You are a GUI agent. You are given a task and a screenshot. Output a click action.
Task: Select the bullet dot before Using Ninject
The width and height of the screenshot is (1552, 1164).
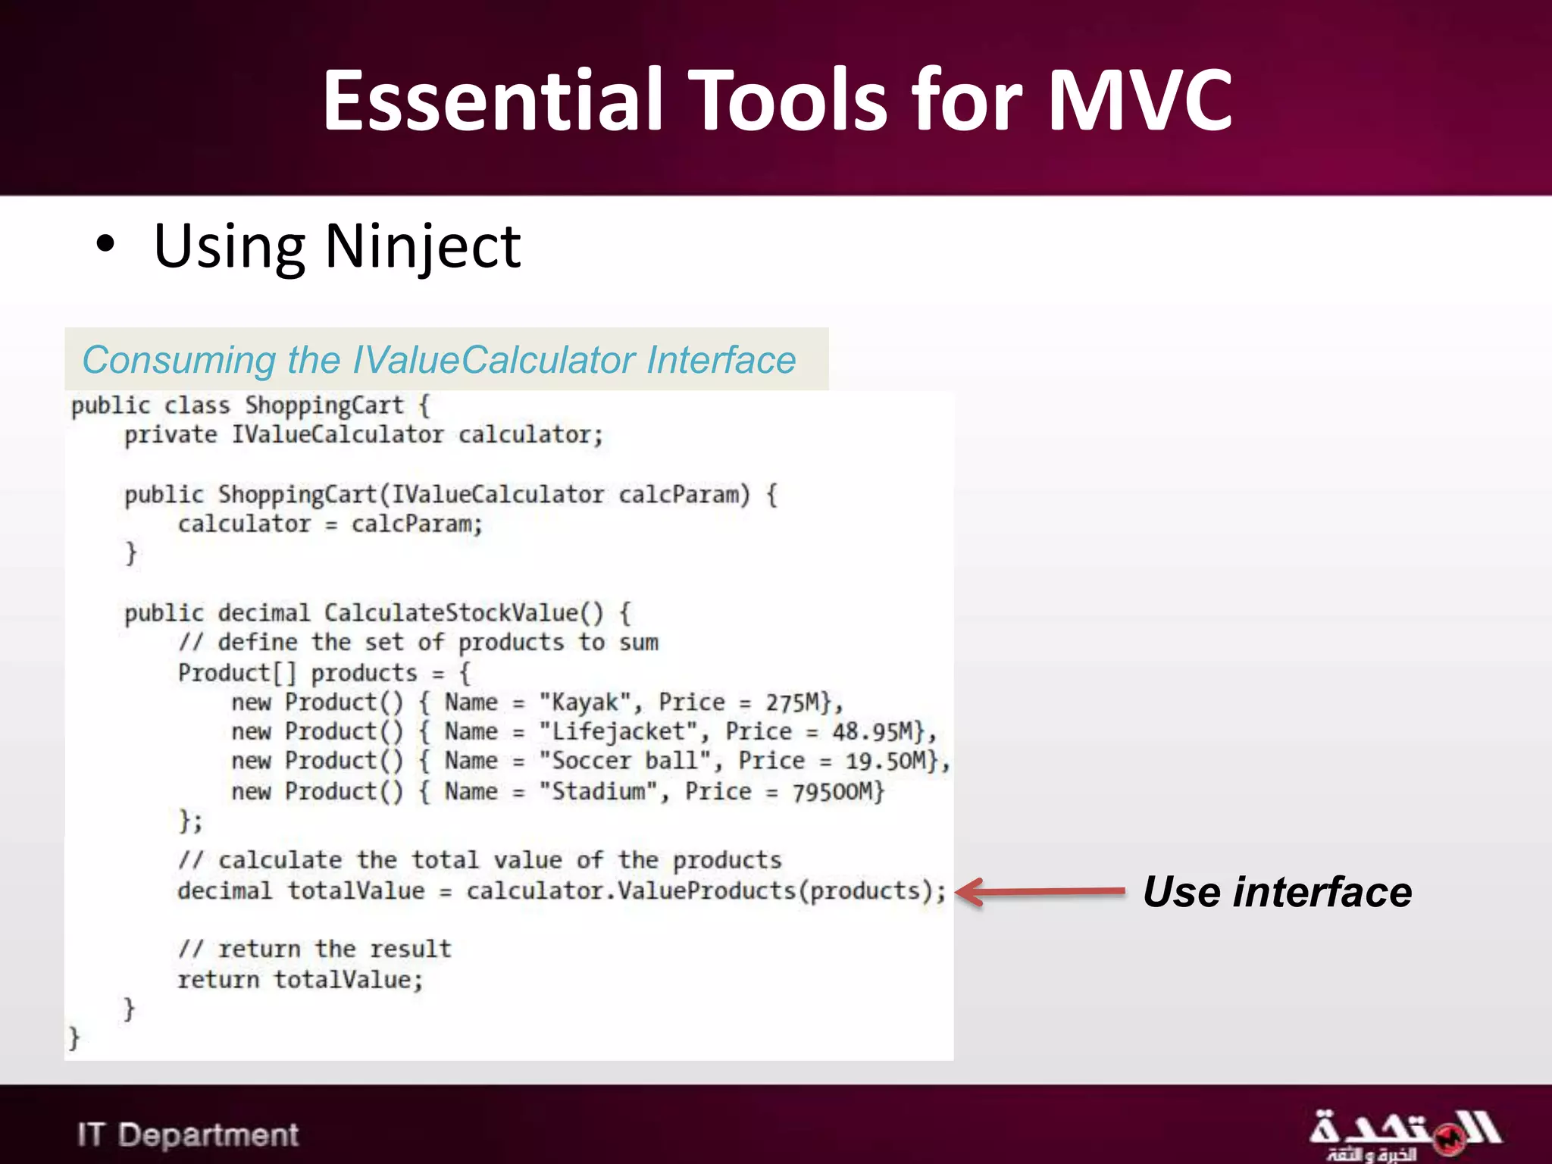tap(105, 245)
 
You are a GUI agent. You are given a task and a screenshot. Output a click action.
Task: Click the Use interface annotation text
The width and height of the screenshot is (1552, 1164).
tap(1277, 892)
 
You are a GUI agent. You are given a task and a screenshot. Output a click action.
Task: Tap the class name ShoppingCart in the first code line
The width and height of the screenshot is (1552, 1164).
tap(324, 405)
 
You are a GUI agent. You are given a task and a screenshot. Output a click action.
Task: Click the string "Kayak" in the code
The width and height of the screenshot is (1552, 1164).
tap(584, 702)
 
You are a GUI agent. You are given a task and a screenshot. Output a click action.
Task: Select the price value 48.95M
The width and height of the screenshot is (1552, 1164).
tap(872, 732)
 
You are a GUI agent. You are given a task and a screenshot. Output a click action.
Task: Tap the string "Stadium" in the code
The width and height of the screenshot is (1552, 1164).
tap(599, 792)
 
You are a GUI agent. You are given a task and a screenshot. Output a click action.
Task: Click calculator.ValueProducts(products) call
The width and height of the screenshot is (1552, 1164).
tap(705, 891)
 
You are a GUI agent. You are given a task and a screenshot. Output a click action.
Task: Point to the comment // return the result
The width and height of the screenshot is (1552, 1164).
tap(314, 950)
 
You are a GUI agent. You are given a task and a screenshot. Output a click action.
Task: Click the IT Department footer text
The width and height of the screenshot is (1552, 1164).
tap(187, 1134)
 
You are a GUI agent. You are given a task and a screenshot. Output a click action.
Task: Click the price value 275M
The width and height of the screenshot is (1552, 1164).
tap(793, 702)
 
